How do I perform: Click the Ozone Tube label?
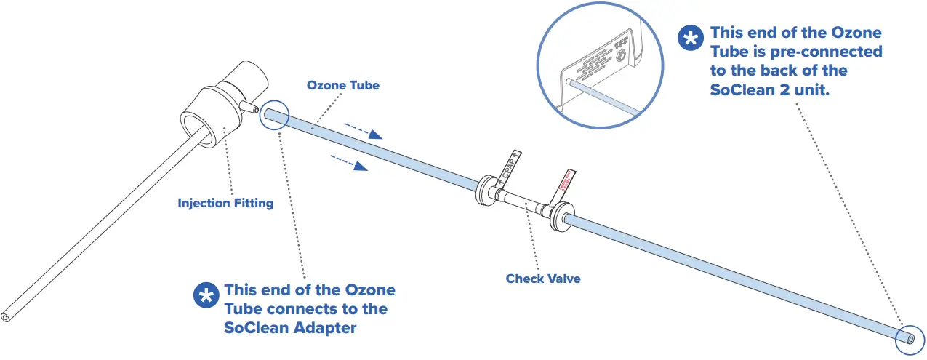342,86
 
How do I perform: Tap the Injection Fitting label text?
225,203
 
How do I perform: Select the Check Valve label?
543,279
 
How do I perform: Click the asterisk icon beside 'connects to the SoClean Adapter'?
206,295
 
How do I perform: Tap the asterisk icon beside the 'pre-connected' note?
691,39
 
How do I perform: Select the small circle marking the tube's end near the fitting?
274,115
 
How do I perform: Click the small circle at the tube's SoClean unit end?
909,337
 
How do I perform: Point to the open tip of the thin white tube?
6,318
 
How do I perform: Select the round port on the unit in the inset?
619,54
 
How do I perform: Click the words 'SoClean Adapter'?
291,328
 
